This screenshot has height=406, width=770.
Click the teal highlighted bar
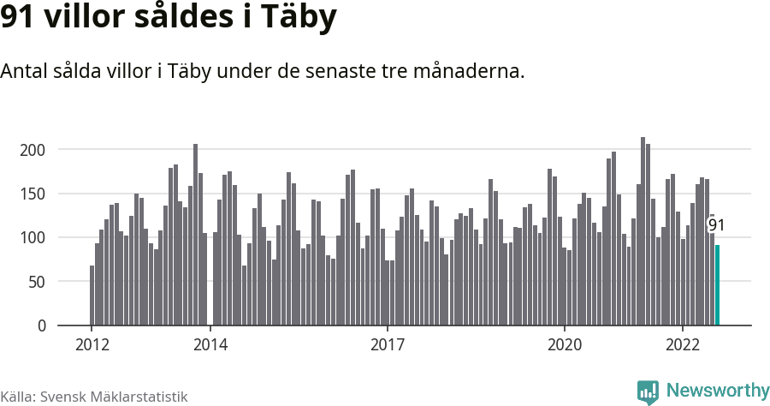(x=717, y=285)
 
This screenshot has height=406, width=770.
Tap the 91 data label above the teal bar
(x=716, y=225)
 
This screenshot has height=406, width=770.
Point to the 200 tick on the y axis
(x=33, y=150)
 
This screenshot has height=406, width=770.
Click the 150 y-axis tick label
(x=33, y=194)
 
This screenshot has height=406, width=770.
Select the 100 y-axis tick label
(x=33, y=238)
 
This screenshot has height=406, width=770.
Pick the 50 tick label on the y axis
(x=36, y=282)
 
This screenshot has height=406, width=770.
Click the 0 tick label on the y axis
(x=42, y=325)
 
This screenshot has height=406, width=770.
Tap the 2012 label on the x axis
(x=92, y=345)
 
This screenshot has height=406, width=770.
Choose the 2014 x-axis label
(x=210, y=345)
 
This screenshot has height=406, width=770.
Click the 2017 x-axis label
(x=388, y=345)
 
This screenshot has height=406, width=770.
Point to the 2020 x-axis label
(x=565, y=345)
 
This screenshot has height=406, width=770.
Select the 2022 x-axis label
(x=683, y=345)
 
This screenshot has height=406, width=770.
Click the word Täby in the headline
(x=299, y=18)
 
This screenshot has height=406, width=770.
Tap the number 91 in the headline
(x=17, y=17)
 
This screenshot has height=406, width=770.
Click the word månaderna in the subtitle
(x=469, y=71)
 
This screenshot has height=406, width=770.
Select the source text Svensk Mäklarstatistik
(x=114, y=397)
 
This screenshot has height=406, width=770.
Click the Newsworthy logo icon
(x=649, y=392)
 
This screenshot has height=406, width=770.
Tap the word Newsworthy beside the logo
(x=718, y=391)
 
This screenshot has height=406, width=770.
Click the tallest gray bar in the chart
(x=643, y=231)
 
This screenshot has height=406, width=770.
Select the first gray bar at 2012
(x=92, y=296)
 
